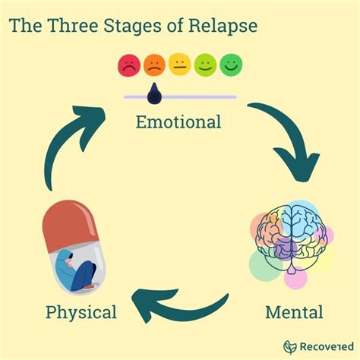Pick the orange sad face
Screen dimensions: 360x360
point(153,66)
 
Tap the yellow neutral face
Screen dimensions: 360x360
point(179,66)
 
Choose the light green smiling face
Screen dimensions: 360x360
point(205,66)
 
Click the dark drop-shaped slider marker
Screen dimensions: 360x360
point(154,93)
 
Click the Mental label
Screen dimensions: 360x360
point(294,311)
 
